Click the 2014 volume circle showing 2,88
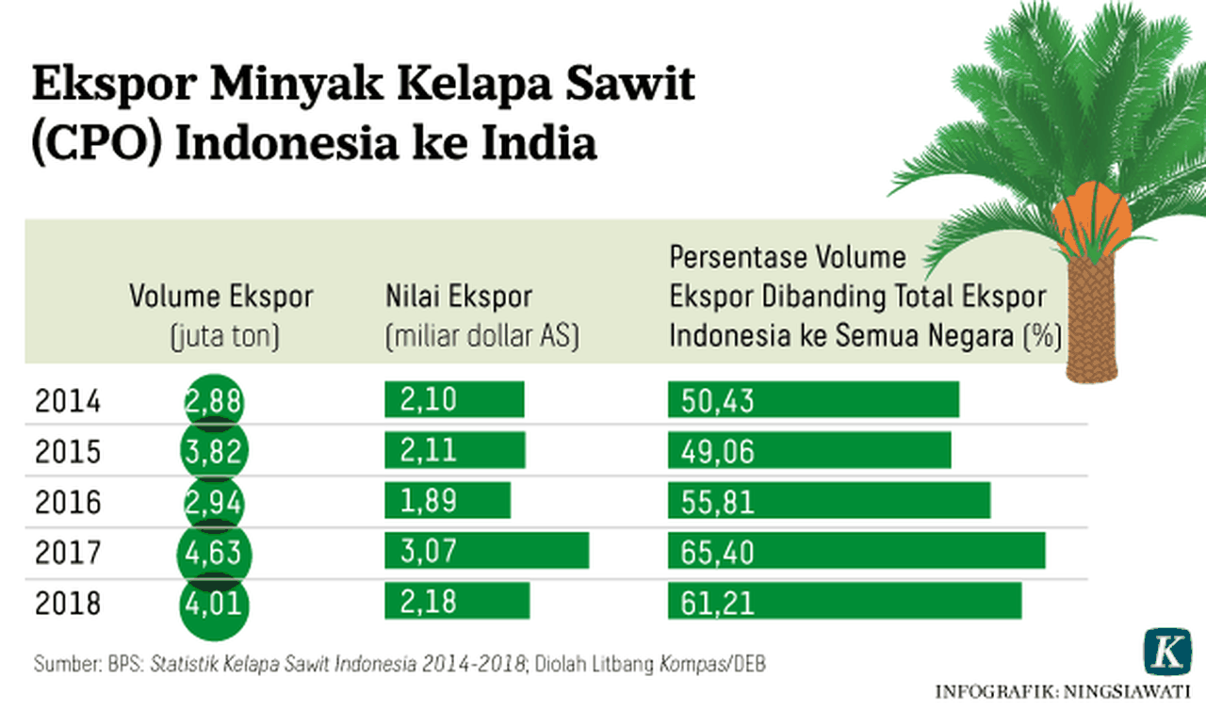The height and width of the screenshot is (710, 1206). pos(213,402)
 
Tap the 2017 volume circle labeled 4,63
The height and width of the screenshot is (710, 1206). pos(213,552)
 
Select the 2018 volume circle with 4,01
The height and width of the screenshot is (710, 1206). pos(213,602)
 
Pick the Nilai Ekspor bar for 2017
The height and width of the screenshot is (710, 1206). pos(486,551)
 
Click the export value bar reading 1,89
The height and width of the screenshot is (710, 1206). pos(448,501)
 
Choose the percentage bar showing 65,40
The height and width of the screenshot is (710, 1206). pos(856,551)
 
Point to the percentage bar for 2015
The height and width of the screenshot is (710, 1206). pos(809,451)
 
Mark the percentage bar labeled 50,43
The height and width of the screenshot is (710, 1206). pos(813,400)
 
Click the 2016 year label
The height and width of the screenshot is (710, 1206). pos(68,502)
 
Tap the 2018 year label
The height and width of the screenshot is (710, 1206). pos(68,603)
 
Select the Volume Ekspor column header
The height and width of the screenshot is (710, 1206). pos(221,298)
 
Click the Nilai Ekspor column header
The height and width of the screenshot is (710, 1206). pos(459,298)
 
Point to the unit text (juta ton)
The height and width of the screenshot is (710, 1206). pos(224,336)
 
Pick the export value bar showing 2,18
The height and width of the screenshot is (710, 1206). pos(457,601)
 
